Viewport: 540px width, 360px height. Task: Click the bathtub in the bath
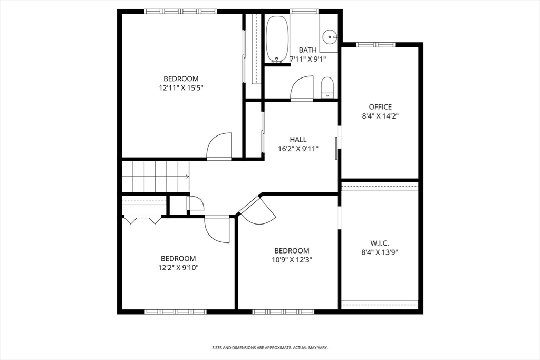click(x=277, y=40)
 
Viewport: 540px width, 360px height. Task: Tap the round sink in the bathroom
click(x=330, y=37)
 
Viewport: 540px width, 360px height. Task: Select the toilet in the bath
click(x=327, y=87)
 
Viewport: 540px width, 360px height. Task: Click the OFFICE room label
click(x=380, y=107)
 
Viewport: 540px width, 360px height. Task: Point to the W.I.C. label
click(x=380, y=243)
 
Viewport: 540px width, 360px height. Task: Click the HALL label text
click(x=298, y=140)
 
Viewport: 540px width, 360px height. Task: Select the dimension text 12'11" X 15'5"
click(x=181, y=88)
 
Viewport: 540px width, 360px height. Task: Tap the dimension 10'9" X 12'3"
click(x=292, y=259)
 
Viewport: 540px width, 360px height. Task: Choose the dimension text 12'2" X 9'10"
click(x=178, y=267)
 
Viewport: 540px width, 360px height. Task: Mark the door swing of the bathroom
click(x=303, y=88)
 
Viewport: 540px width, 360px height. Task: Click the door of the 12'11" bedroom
click(x=219, y=147)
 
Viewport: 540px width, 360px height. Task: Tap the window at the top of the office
click(x=376, y=45)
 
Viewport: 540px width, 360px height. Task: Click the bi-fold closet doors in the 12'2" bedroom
click(x=141, y=220)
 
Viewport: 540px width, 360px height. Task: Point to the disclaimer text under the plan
click(x=270, y=348)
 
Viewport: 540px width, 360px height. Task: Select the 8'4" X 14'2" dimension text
click(x=380, y=116)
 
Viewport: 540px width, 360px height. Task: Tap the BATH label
click(x=307, y=50)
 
